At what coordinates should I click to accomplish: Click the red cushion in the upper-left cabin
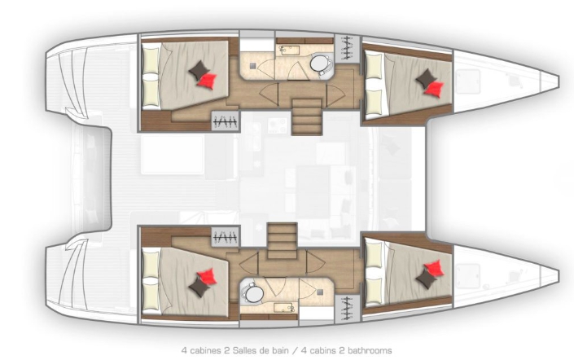210,80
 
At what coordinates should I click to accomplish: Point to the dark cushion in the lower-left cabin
198,284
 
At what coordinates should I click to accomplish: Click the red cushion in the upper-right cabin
436,86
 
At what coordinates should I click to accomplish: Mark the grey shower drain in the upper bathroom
253,61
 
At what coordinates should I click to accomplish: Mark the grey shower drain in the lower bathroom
319,294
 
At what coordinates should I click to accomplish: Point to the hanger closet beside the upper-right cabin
348,47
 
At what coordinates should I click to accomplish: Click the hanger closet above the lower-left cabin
225,236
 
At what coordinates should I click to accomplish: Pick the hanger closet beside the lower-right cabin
348,308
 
